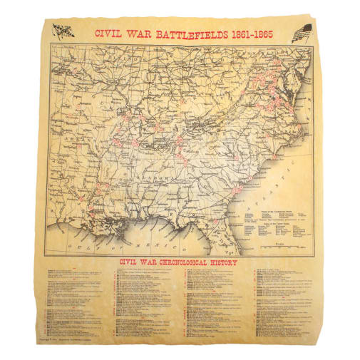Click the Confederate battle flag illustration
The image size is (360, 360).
[63, 31]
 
